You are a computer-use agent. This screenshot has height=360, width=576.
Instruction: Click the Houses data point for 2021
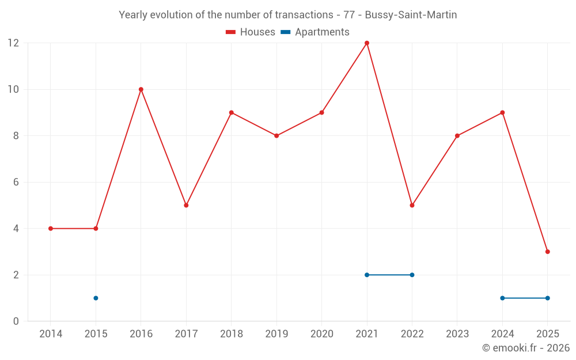click(x=367, y=43)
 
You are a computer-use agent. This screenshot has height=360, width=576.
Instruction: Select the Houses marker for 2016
click(x=141, y=89)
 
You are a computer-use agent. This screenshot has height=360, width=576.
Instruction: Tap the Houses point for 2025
click(x=547, y=252)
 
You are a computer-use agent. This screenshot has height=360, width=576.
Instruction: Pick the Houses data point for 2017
click(x=186, y=205)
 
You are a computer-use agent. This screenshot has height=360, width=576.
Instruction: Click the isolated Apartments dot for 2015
click(x=96, y=298)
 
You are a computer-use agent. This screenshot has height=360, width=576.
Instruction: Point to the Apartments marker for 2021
click(x=367, y=275)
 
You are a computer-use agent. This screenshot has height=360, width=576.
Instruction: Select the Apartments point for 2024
click(x=502, y=298)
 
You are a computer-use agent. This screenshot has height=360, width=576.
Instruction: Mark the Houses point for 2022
click(x=412, y=205)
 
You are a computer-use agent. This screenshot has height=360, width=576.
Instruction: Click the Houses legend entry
click(x=251, y=32)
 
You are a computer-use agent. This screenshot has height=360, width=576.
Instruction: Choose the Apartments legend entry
click(x=315, y=32)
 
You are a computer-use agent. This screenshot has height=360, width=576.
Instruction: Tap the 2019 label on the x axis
click(x=276, y=334)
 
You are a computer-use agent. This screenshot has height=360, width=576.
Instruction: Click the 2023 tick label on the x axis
click(x=457, y=334)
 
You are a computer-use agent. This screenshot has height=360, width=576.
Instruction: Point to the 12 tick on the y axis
click(x=13, y=43)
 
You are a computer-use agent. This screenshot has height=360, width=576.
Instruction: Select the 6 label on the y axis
click(x=16, y=182)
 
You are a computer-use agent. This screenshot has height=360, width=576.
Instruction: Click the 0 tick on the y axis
click(x=16, y=321)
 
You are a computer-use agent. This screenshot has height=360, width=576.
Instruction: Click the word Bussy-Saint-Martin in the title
click(x=411, y=15)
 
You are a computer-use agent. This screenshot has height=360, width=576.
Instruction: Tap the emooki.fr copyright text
click(x=526, y=348)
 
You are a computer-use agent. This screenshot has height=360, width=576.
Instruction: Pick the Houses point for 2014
click(x=51, y=229)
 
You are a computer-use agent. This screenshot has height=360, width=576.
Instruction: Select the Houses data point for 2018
click(x=231, y=112)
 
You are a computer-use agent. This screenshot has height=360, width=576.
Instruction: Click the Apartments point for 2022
click(x=412, y=275)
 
